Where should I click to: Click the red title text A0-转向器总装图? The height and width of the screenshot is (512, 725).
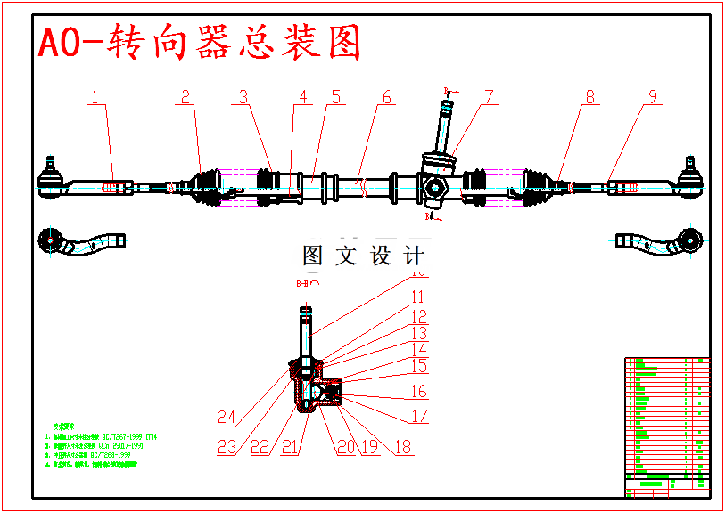point(199,42)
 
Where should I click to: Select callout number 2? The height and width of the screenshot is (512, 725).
point(185,97)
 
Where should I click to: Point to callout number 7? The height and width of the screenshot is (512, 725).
point(489,97)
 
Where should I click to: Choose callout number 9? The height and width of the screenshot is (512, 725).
point(653,97)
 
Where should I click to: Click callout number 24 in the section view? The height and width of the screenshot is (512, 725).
point(227,417)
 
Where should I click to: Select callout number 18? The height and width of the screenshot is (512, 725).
point(403,447)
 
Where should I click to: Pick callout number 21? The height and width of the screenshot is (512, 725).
point(289,447)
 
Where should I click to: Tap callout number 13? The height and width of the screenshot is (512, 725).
point(418,334)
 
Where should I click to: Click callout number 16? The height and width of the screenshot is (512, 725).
point(418,392)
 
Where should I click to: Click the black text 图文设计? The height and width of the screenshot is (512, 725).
point(363,256)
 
